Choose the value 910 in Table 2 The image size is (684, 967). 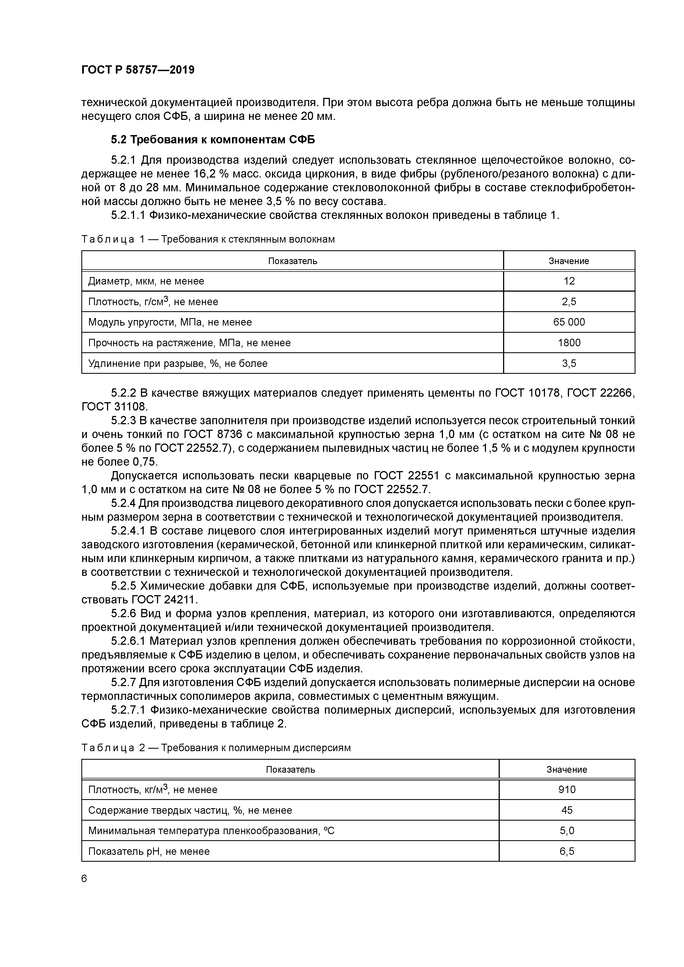coord(567,790)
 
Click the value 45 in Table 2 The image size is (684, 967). coord(567,810)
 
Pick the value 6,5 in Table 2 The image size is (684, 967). coord(567,851)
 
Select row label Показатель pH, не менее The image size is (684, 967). coord(149,851)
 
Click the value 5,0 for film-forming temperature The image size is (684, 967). coord(567,831)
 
